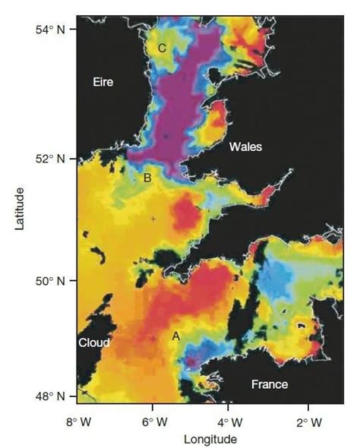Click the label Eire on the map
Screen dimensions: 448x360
(103, 82)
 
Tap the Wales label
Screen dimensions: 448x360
(245, 147)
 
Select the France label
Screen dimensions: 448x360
(270, 384)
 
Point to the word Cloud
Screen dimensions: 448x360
(93, 342)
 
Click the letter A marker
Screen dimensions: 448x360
(175, 335)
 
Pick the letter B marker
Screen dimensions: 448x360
(147, 178)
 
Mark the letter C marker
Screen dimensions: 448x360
(162, 48)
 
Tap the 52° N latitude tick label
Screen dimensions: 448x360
(53, 158)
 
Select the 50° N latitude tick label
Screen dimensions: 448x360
(53, 280)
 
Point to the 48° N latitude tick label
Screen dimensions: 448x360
(53, 396)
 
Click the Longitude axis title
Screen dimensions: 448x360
(210, 439)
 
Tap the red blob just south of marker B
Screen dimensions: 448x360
(185, 216)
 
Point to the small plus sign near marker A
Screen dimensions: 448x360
(153, 339)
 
